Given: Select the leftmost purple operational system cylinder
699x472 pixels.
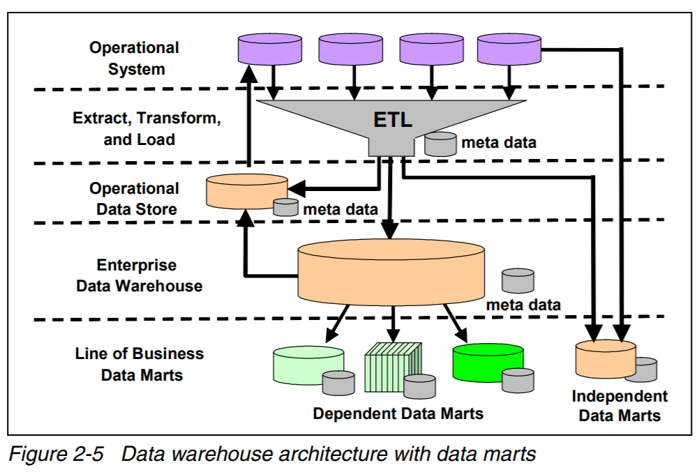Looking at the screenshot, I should pos(269,49).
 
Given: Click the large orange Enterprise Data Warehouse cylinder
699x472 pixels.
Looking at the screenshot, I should pos(391,273).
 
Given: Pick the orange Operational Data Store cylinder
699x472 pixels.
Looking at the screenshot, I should pos(246,190).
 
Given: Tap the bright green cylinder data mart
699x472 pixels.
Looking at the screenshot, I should pos(486,361).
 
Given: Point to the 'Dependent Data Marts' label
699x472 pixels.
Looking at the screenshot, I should pos(398,413).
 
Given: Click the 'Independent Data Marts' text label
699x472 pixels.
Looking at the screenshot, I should pos(619,406).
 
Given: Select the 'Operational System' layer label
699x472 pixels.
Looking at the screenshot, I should pos(134,59).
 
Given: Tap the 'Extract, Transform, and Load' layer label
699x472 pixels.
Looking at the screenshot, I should pos(146,129).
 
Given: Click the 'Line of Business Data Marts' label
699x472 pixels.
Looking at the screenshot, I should pos(140,364).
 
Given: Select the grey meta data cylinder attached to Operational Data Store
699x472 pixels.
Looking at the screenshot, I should pos(285,206).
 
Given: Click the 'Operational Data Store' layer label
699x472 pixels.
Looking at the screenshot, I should pos(133,199).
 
